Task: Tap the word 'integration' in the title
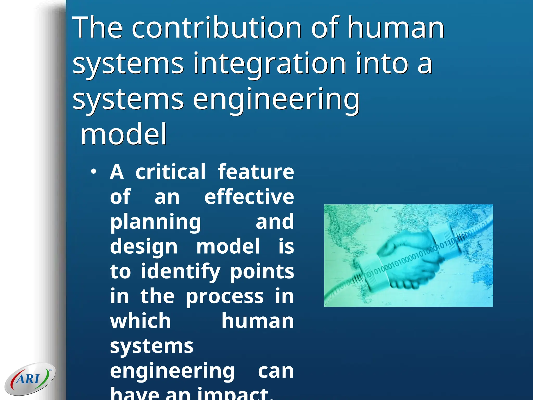269,64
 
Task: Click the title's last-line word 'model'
124,134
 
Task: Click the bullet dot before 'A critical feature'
94,172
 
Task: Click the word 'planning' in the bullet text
155,222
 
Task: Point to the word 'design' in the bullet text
144,247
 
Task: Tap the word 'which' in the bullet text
140,321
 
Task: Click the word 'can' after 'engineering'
276,371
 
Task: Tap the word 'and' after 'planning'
275,222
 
